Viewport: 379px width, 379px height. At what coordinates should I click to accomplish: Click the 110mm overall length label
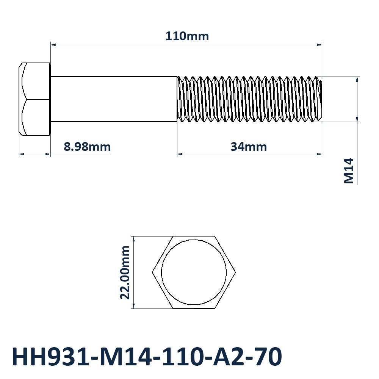[187, 36]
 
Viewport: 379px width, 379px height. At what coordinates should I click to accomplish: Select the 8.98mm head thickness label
[87, 147]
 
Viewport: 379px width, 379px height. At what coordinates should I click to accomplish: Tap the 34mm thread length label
[249, 147]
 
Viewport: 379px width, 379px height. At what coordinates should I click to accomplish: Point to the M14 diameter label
[349, 171]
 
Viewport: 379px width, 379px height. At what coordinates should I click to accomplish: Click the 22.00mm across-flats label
[125, 273]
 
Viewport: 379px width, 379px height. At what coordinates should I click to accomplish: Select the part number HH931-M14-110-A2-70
[147, 357]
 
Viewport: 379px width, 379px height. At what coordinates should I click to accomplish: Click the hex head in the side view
[34, 99]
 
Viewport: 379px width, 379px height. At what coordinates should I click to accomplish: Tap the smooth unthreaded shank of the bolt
[114, 99]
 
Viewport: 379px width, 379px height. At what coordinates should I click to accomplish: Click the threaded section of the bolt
[249, 99]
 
